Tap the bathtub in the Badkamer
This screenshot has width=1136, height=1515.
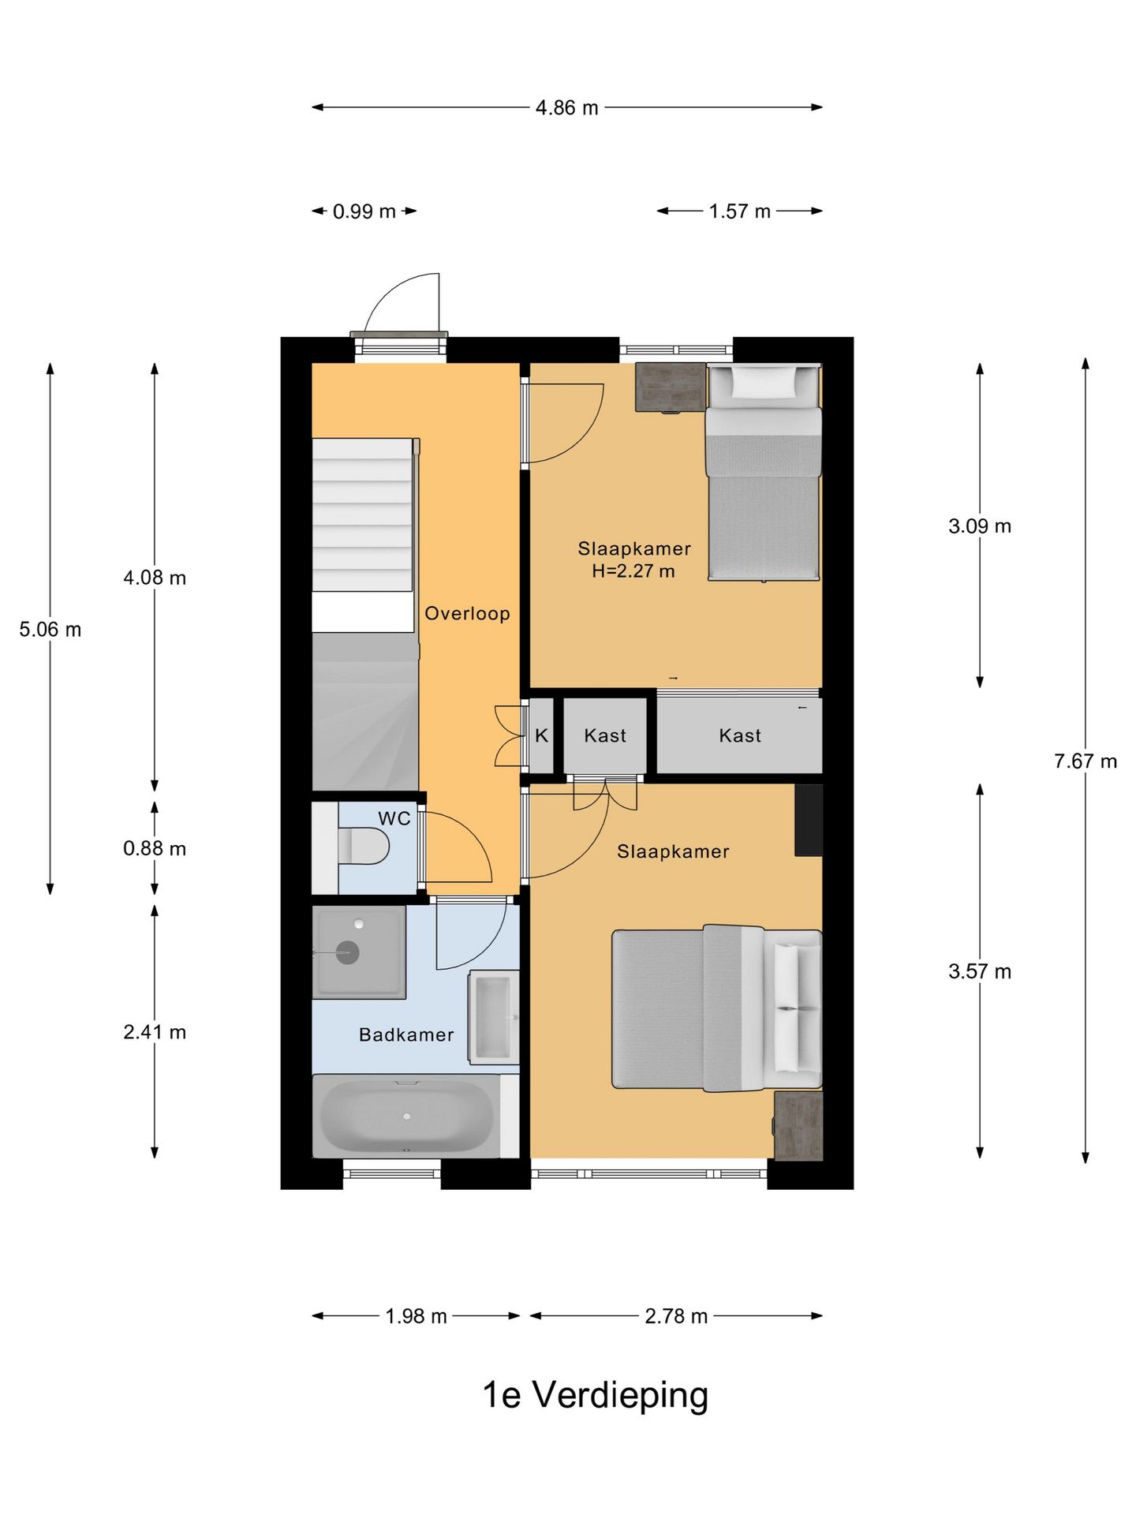(x=407, y=1116)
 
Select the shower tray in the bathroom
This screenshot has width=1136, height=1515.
(x=359, y=952)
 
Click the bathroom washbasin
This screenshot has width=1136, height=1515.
(x=494, y=1016)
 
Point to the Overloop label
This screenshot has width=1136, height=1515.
(x=467, y=613)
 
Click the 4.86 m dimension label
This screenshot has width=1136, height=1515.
(x=566, y=107)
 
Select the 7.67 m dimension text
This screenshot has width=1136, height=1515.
(x=1086, y=761)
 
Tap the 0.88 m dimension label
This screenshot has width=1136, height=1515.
(x=155, y=848)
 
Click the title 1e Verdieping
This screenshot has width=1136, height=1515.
(x=596, y=1394)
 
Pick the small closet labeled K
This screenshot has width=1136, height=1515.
(x=541, y=735)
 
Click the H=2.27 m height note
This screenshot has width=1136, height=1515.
(x=633, y=570)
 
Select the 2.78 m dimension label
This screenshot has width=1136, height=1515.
(x=676, y=1316)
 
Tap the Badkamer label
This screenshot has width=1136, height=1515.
(x=406, y=1034)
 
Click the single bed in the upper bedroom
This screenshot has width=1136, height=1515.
(x=764, y=472)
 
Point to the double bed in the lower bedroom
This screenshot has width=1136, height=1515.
(x=717, y=1008)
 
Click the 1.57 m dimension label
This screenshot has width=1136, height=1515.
(x=739, y=211)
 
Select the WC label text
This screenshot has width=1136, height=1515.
(x=394, y=818)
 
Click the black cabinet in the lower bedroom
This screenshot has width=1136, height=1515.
(x=809, y=820)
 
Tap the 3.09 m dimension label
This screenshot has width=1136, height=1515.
(x=980, y=526)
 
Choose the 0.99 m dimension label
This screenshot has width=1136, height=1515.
(x=364, y=211)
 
